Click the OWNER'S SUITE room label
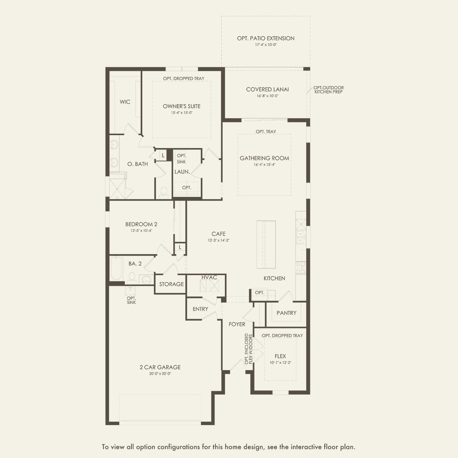181,106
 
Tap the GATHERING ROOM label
264,158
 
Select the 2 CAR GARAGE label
160,367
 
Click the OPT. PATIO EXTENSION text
266,38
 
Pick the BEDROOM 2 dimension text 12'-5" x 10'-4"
141,230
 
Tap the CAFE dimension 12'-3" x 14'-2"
218,240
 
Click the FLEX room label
280,356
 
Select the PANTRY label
286,313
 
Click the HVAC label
209,277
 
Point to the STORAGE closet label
171,284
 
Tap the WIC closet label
125,102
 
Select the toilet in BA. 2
131,276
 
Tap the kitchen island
266,245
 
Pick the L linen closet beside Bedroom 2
180,247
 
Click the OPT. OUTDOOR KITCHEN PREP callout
328,90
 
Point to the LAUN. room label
182,172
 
